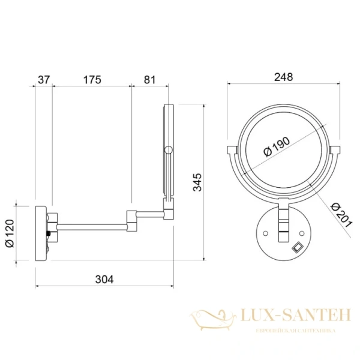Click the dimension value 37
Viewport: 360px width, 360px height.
point(43,79)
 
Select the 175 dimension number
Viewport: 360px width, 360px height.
point(92,79)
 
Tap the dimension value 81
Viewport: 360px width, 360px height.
point(150,79)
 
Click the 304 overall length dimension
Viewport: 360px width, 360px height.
point(104,279)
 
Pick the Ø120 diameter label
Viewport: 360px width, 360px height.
point(18,234)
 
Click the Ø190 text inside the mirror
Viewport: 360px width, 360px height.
point(278,146)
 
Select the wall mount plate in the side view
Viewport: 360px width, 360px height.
point(41,233)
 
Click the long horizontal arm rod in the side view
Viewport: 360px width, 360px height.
point(90,226)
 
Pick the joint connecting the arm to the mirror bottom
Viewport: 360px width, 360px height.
point(168,209)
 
